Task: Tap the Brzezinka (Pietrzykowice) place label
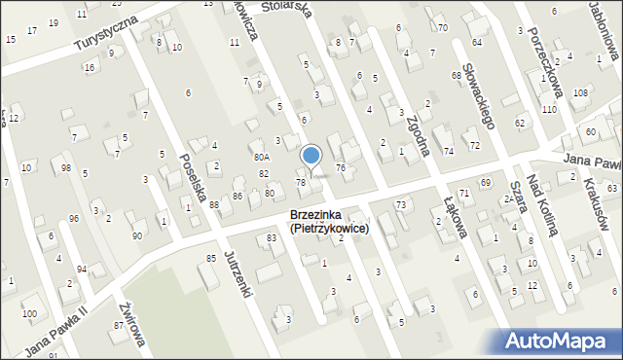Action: (x=328, y=222)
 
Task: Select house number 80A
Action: (x=261, y=156)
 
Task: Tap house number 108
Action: (x=580, y=92)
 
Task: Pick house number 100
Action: (x=31, y=313)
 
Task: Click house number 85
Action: (x=210, y=258)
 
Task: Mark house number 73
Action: (x=401, y=203)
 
